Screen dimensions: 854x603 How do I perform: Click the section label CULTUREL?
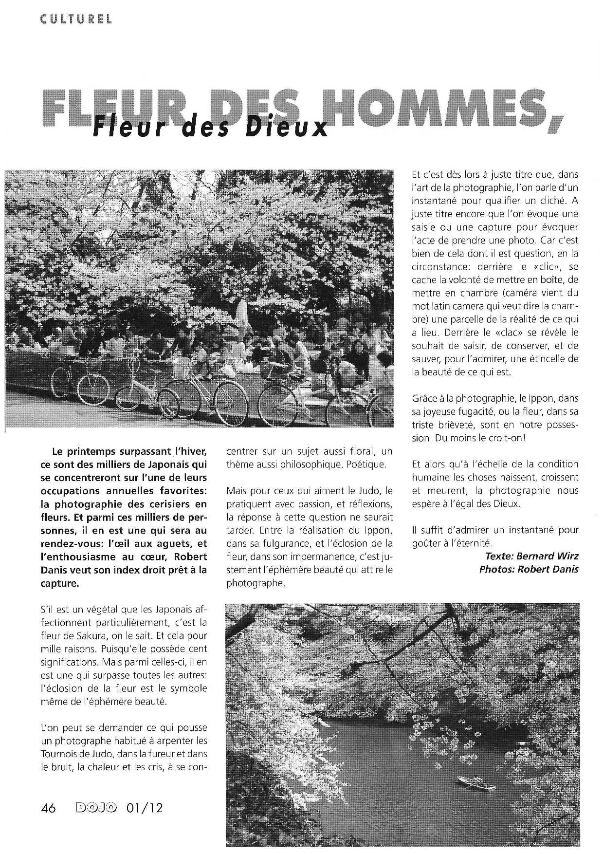point(76,19)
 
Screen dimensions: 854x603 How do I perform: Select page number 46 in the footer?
point(49,808)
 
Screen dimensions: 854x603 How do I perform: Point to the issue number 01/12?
point(144,808)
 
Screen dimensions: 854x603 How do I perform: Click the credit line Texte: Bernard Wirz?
point(531,556)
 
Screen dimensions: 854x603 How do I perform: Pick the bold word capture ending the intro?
point(59,583)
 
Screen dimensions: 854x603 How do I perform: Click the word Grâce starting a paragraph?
point(424,398)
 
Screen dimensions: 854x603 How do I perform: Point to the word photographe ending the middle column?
point(255,583)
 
